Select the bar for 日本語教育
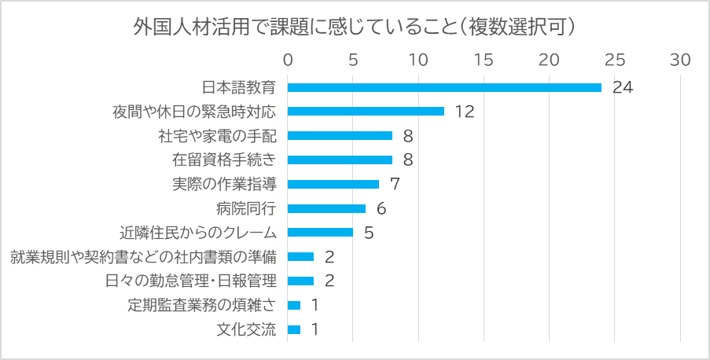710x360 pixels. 444,87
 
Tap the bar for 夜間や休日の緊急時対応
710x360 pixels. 366,112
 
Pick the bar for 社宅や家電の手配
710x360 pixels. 340,136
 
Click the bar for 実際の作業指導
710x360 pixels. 333,184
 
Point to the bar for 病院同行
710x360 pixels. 326,208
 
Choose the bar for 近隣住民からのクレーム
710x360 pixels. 320,233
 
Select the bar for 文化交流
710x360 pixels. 294,329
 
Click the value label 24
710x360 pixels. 623,87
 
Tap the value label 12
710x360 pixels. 465,112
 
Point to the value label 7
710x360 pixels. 395,184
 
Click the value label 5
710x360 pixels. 368,233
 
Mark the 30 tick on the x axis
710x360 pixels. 679,60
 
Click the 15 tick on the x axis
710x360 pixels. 484,60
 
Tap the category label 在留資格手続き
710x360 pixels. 224,160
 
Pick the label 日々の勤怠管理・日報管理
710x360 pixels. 191,281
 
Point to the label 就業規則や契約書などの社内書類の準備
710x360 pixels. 144,257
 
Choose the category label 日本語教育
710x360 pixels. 239,87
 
